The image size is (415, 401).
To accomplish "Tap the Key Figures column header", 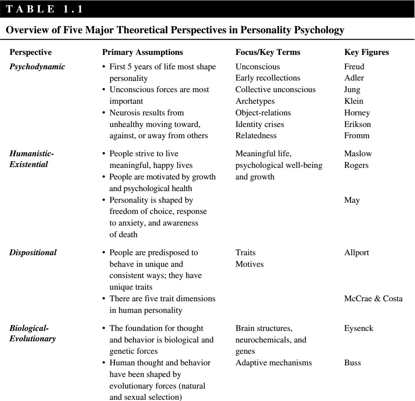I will pos(364,52).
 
